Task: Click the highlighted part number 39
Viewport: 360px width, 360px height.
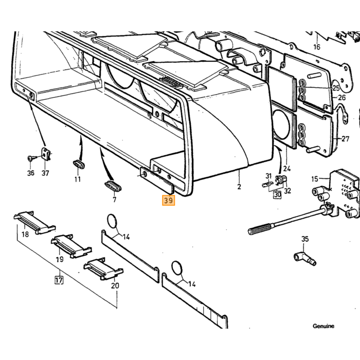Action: pyautogui.click(x=169, y=201)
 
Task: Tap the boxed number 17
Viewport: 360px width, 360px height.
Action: pyautogui.click(x=59, y=280)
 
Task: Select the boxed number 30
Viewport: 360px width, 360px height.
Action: pyautogui.click(x=277, y=195)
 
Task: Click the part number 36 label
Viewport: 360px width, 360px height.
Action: pyautogui.click(x=31, y=173)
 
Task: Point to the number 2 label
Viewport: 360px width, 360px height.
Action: pyautogui.click(x=239, y=187)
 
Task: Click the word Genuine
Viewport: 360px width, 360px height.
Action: pyautogui.click(x=323, y=326)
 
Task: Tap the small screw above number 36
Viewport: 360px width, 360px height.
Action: pyautogui.click(x=32, y=158)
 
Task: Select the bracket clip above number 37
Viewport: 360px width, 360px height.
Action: pyautogui.click(x=47, y=154)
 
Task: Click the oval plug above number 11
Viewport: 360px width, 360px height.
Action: pyautogui.click(x=79, y=165)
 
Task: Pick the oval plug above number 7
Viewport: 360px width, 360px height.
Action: pyautogui.click(x=113, y=186)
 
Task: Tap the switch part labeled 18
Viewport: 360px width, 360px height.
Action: pyautogui.click(x=34, y=222)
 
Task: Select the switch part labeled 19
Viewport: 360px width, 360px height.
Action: pyautogui.click(x=71, y=246)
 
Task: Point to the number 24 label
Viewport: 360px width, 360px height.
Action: pyautogui.click(x=287, y=169)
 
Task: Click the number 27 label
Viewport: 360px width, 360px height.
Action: pyautogui.click(x=346, y=139)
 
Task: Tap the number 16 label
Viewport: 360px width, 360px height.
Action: pyautogui.click(x=317, y=47)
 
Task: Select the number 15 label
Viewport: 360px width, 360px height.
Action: pyautogui.click(x=315, y=178)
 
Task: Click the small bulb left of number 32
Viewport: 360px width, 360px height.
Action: pyautogui.click(x=267, y=184)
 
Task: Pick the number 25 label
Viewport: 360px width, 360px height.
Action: pyautogui.click(x=336, y=88)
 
